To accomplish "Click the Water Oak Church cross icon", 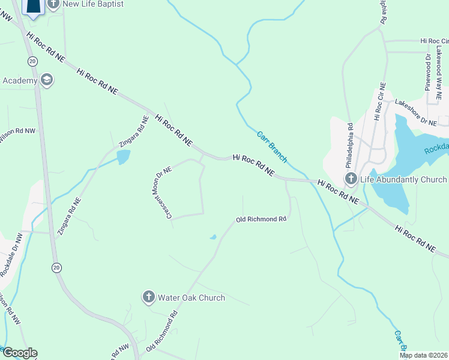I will coord(149,297).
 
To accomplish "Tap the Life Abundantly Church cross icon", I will coord(351,179).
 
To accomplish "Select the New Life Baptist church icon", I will coord(53,4).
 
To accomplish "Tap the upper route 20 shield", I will coord(32,61).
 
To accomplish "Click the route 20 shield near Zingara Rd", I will coord(56,267).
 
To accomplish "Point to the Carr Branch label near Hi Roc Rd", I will coord(272,147).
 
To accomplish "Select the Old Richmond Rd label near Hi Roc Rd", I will coord(261,220).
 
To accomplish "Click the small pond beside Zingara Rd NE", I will coord(123,157).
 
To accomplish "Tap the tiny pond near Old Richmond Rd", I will coord(213,238).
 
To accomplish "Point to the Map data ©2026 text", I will coord(424,355).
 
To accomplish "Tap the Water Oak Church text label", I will coord(191,298).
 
